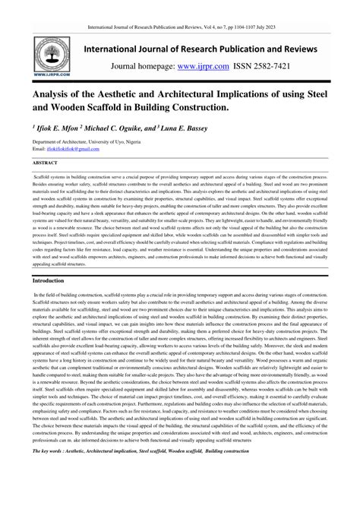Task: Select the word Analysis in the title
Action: coord(58,97)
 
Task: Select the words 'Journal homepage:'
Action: coord(142,66)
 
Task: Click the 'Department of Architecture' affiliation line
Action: coord(64,143)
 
